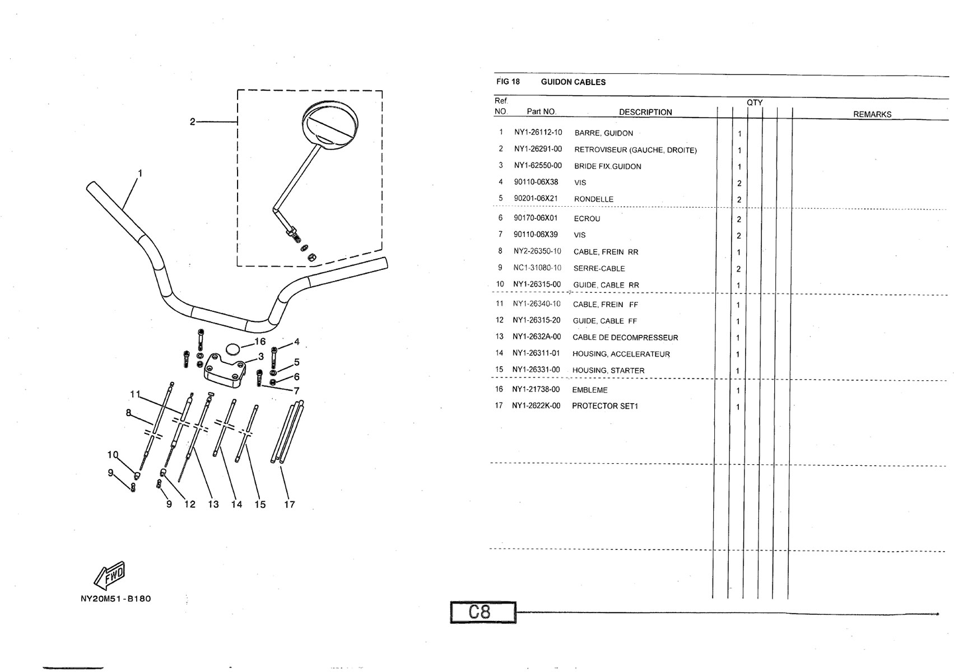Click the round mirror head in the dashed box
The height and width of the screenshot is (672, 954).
click(329, 124)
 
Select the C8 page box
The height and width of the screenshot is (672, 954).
click(483, 613)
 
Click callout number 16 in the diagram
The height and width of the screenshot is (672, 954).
click(260, 342)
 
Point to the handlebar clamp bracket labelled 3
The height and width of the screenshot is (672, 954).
click(225, 371)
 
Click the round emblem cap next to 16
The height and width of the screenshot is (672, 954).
click(233, 349)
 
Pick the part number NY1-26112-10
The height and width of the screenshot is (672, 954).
click(538, 133)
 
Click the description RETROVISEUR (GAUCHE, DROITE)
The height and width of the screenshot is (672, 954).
click(635, 150)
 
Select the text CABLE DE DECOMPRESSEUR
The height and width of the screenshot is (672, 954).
click(625, 338)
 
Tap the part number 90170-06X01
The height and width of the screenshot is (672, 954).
click(536, 218)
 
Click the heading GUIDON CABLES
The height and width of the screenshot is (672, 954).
click(573, 82)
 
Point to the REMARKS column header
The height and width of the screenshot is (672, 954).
click(872, 114)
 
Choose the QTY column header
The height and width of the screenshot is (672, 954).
click(755, 102)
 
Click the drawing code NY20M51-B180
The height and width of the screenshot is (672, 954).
click(116, 599)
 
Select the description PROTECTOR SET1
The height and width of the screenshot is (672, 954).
click(605, 406)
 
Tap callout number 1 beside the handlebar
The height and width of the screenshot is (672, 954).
click(140, 174)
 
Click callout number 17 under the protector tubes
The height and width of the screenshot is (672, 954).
click(290, 505)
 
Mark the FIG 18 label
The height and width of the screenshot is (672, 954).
click(508, 82)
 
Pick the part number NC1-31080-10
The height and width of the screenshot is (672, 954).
click(537, 268)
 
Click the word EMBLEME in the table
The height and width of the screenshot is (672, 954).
click(590, 390)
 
